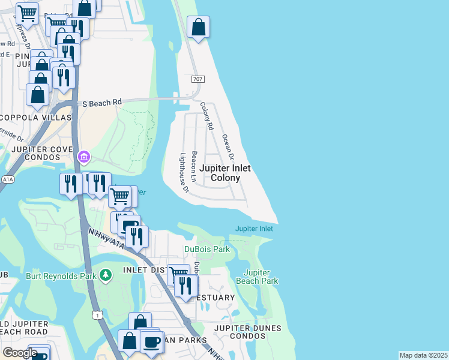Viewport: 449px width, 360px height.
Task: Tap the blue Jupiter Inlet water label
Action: coord(254,229)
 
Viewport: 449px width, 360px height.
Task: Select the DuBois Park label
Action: coord(207,249)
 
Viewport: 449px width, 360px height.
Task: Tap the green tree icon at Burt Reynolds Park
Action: coord(106,275)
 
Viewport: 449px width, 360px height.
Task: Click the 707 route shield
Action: coord(197,79)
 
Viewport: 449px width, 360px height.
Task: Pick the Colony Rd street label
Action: coord(206,116)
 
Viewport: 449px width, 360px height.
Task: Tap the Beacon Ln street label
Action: coord(194,166)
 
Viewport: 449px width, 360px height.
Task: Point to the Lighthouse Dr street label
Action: coord(184,173)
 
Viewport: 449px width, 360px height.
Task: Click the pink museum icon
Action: coord(84,158)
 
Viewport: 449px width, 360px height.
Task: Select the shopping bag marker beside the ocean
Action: coord(198,27)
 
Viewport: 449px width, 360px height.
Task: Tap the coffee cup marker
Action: coord(152,342)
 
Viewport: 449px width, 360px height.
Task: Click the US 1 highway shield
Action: coord(97,314)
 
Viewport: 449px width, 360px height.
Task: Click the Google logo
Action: coord(19,353)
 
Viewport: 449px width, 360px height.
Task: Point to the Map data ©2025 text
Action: coord(423,355)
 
